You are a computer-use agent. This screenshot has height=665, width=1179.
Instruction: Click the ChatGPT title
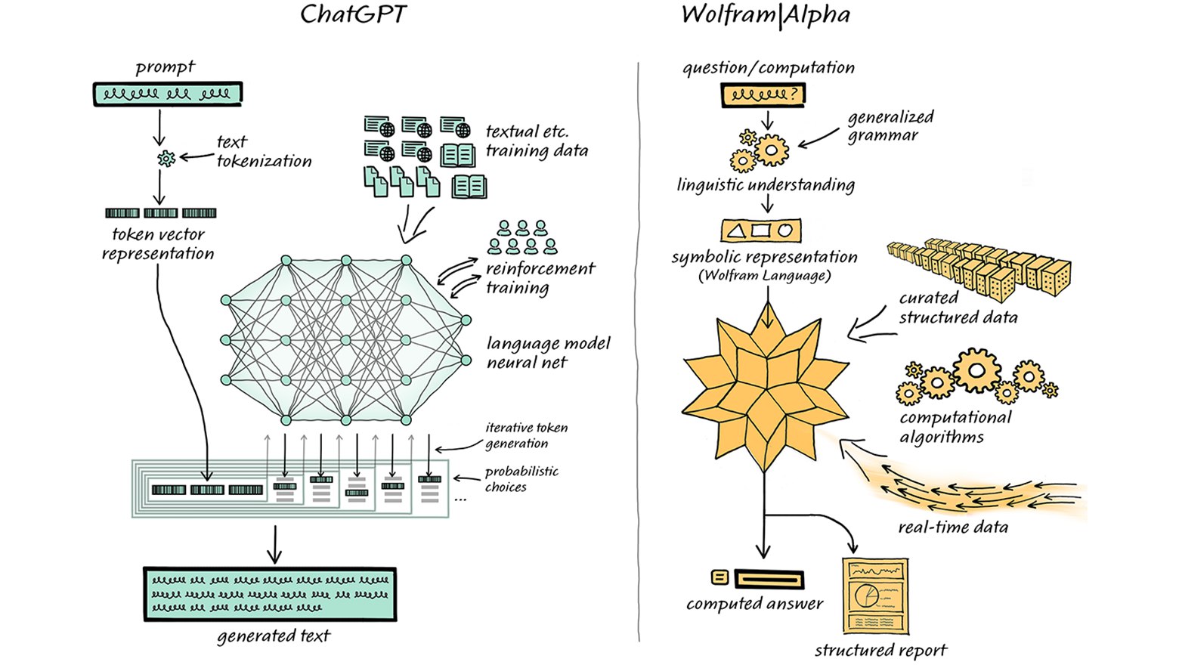click(353, 15)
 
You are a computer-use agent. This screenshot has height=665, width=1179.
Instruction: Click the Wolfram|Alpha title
click(765, 15)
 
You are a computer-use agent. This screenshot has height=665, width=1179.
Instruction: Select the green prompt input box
click(167, 94)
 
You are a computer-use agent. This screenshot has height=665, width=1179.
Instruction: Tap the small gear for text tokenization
click(166, 158)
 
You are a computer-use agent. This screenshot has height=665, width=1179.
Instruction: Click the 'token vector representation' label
click(158, 244)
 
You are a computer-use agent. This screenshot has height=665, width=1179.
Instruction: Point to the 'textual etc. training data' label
click(537, 141)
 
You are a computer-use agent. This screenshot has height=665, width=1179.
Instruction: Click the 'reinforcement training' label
click(540, 277)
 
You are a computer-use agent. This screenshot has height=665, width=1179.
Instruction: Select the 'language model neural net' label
click(548, 353)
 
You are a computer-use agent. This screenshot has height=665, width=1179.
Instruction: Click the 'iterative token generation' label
click(526, 435)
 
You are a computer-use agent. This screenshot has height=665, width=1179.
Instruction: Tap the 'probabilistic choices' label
click(521, 479)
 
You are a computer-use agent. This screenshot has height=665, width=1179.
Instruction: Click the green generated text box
click(270, 595)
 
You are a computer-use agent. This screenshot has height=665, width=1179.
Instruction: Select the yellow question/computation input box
click(763, 94)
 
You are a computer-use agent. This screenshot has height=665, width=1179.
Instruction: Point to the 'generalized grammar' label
click(890, 126)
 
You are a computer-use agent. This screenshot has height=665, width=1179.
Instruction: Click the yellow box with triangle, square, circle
click(760, 230)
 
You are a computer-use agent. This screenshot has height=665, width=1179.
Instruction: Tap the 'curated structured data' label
click(958, 308)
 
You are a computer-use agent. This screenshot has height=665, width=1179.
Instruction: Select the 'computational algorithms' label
click(955, 427)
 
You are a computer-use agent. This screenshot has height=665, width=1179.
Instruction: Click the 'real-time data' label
click(952, 527)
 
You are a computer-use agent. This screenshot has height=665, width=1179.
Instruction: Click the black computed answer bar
click(769, 580)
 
